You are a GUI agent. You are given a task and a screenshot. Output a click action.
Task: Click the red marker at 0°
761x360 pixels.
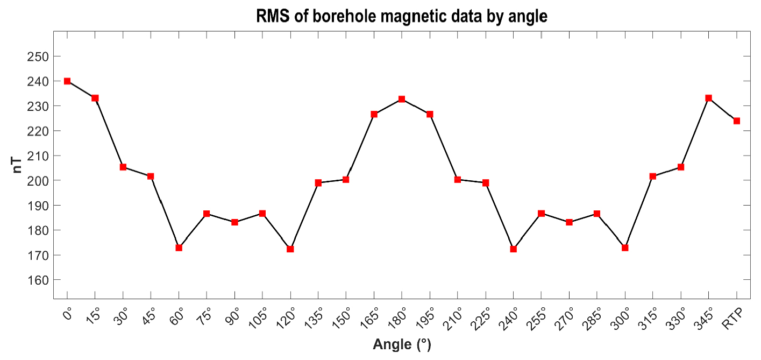[x=67, y=81]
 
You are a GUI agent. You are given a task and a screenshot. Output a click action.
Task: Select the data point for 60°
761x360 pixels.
[x=179, y=248]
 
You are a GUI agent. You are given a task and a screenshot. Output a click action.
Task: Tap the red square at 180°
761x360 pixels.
[x=402, y=99]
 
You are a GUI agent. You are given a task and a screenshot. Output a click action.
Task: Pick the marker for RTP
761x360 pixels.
[x=736, y=121]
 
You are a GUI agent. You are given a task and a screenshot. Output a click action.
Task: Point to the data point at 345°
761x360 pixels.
[x=708, y=98]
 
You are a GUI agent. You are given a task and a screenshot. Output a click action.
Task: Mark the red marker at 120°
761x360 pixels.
[x=290, y=249]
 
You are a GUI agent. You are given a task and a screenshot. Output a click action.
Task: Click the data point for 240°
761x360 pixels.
[x=514, y=249]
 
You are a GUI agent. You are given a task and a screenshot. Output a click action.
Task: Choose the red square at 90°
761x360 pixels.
[x=234, y=222]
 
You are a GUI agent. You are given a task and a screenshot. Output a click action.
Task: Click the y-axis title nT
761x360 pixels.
[x=18, y=161]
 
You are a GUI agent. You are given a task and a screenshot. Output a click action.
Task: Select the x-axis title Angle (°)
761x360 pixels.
[x=402, y=345]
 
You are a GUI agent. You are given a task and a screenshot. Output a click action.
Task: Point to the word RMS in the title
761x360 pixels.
[x=273, y=17]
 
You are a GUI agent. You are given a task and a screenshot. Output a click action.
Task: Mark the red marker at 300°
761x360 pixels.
[x=625, y=248]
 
